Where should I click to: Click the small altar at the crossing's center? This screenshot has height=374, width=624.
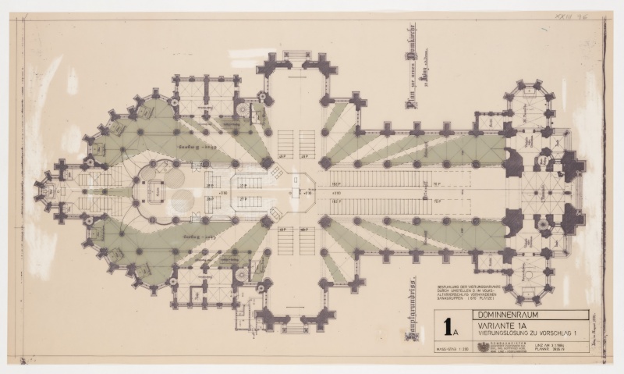pos(298,186)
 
